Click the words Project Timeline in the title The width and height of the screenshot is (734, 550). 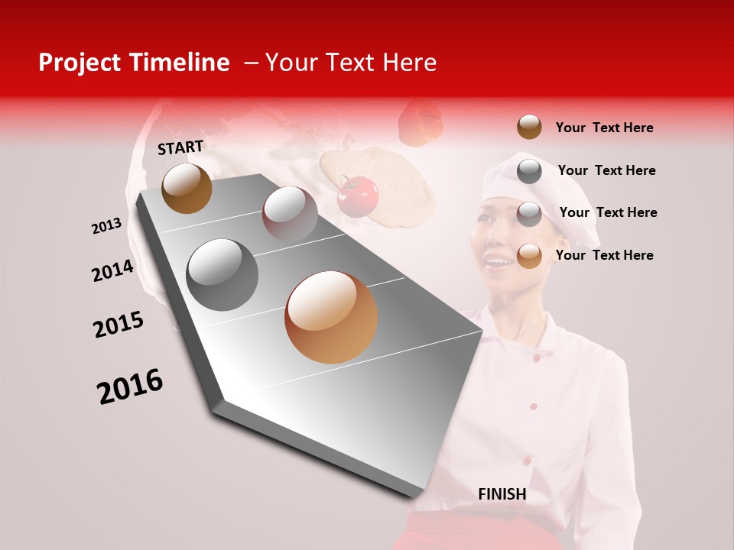[134, 63]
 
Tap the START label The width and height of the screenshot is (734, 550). [180, 147]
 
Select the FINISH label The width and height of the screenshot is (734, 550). [502, 494]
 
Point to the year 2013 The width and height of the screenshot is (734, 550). [106, 226]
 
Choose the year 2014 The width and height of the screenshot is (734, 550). [112, 271]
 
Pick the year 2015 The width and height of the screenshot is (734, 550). [119, 325]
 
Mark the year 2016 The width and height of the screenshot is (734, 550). [130, 387]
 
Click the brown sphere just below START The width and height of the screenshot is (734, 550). [187, 188]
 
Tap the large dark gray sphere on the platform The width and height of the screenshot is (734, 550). [222, 275]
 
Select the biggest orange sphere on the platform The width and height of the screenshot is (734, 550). [331, 317]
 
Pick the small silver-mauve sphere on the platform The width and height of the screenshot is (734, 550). [290, 214]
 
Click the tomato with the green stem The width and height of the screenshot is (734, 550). [358, 196]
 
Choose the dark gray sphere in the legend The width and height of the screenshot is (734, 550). [529, 170]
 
